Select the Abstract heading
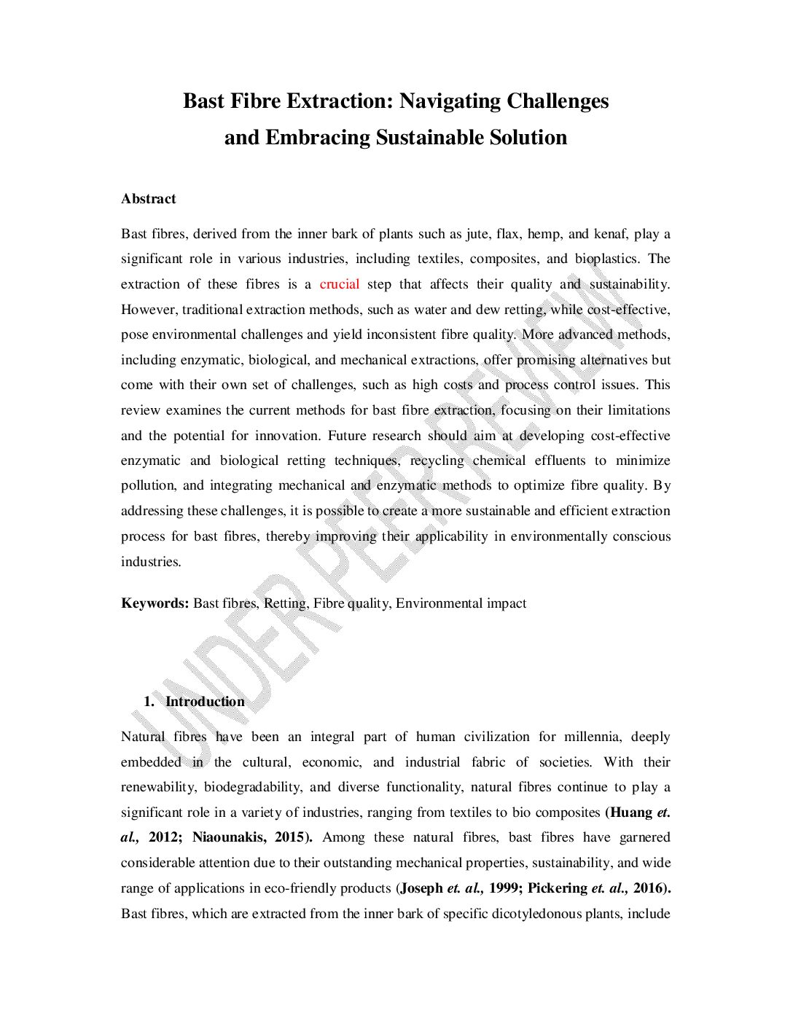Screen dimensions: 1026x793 coord(149,199)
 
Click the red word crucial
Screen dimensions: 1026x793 coord(340,284)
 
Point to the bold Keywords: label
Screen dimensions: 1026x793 coord(155,603)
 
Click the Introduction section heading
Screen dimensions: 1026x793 coord(205,702)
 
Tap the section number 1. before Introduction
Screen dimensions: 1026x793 coord(149,702)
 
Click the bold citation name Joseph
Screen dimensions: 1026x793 coord(422,888)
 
